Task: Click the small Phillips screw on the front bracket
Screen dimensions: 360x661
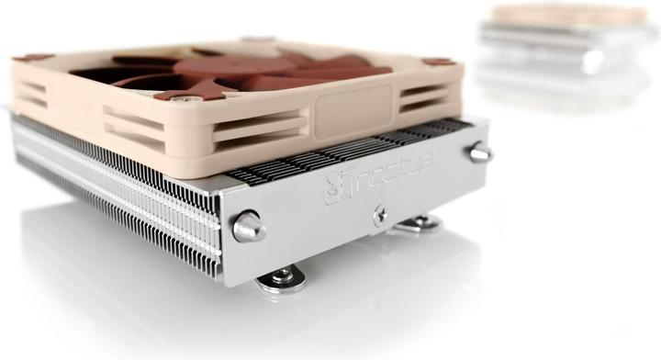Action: pyautogui.click(x=381, y=214)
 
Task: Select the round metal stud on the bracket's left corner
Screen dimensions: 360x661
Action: pyautogui.click(x=248, y=226)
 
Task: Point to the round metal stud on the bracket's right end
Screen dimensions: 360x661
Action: pyautogui.click(x=479, y=152)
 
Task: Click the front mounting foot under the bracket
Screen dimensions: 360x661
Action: pyautogui.click(x=280, y=276)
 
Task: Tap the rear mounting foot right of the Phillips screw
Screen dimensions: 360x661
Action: pyautogui.click(x=418, y=222)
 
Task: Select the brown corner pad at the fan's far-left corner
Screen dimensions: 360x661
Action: pyautogui.click(x=34, y=57)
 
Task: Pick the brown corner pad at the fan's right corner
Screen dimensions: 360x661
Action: pyautogui.click(x=439, y=62)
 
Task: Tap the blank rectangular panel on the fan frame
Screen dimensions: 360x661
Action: pyautogui.click(x=354, y=109)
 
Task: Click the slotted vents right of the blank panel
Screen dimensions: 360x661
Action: pyautogui.click(x=423, y=97)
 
